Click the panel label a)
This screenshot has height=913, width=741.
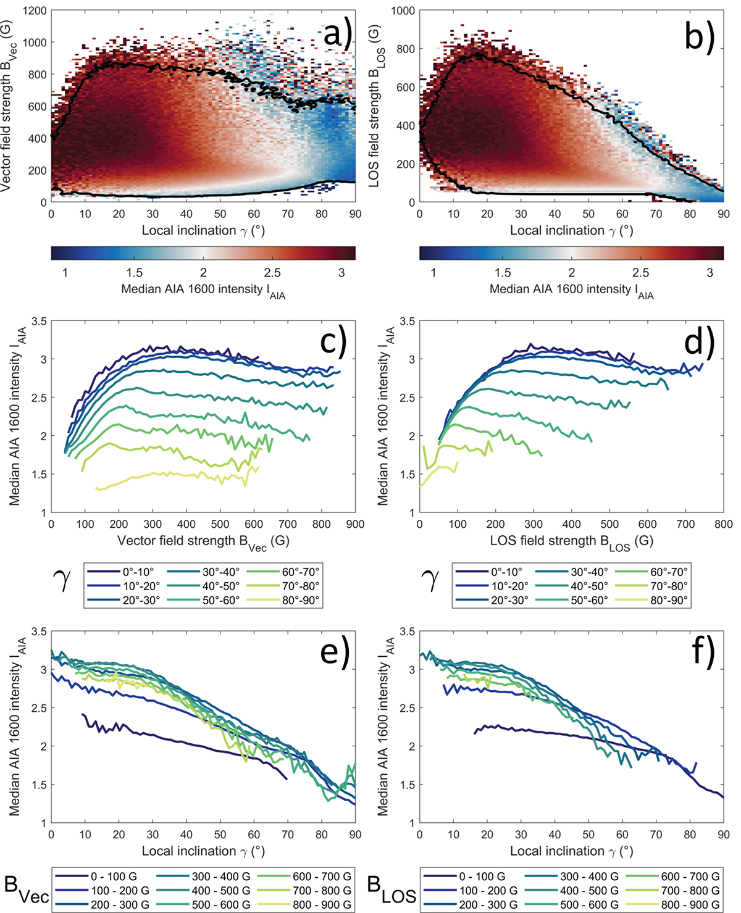pyautogui.click(x=337, y=34)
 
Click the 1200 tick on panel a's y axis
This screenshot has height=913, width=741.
pyautogui.click(x=35, y=10)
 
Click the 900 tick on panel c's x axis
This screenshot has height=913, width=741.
pyautogui.click(x=355, y=524)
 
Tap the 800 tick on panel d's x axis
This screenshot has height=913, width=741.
pyautogui.click(x=723, y=524)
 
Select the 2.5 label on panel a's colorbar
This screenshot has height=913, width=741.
pyautogui.click(x=272, y=273)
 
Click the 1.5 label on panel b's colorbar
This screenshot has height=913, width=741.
pyautogui.click(x=503, y=273)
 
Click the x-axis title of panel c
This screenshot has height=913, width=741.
pyautogui.click(x=203, y=541)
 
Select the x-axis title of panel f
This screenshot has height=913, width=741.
pyautogui.click(x=571, y=851)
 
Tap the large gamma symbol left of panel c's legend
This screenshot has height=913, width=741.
pyautogui.click(x=63, y=580)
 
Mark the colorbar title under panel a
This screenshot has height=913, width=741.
pyautogui.click(x=203, y=290)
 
